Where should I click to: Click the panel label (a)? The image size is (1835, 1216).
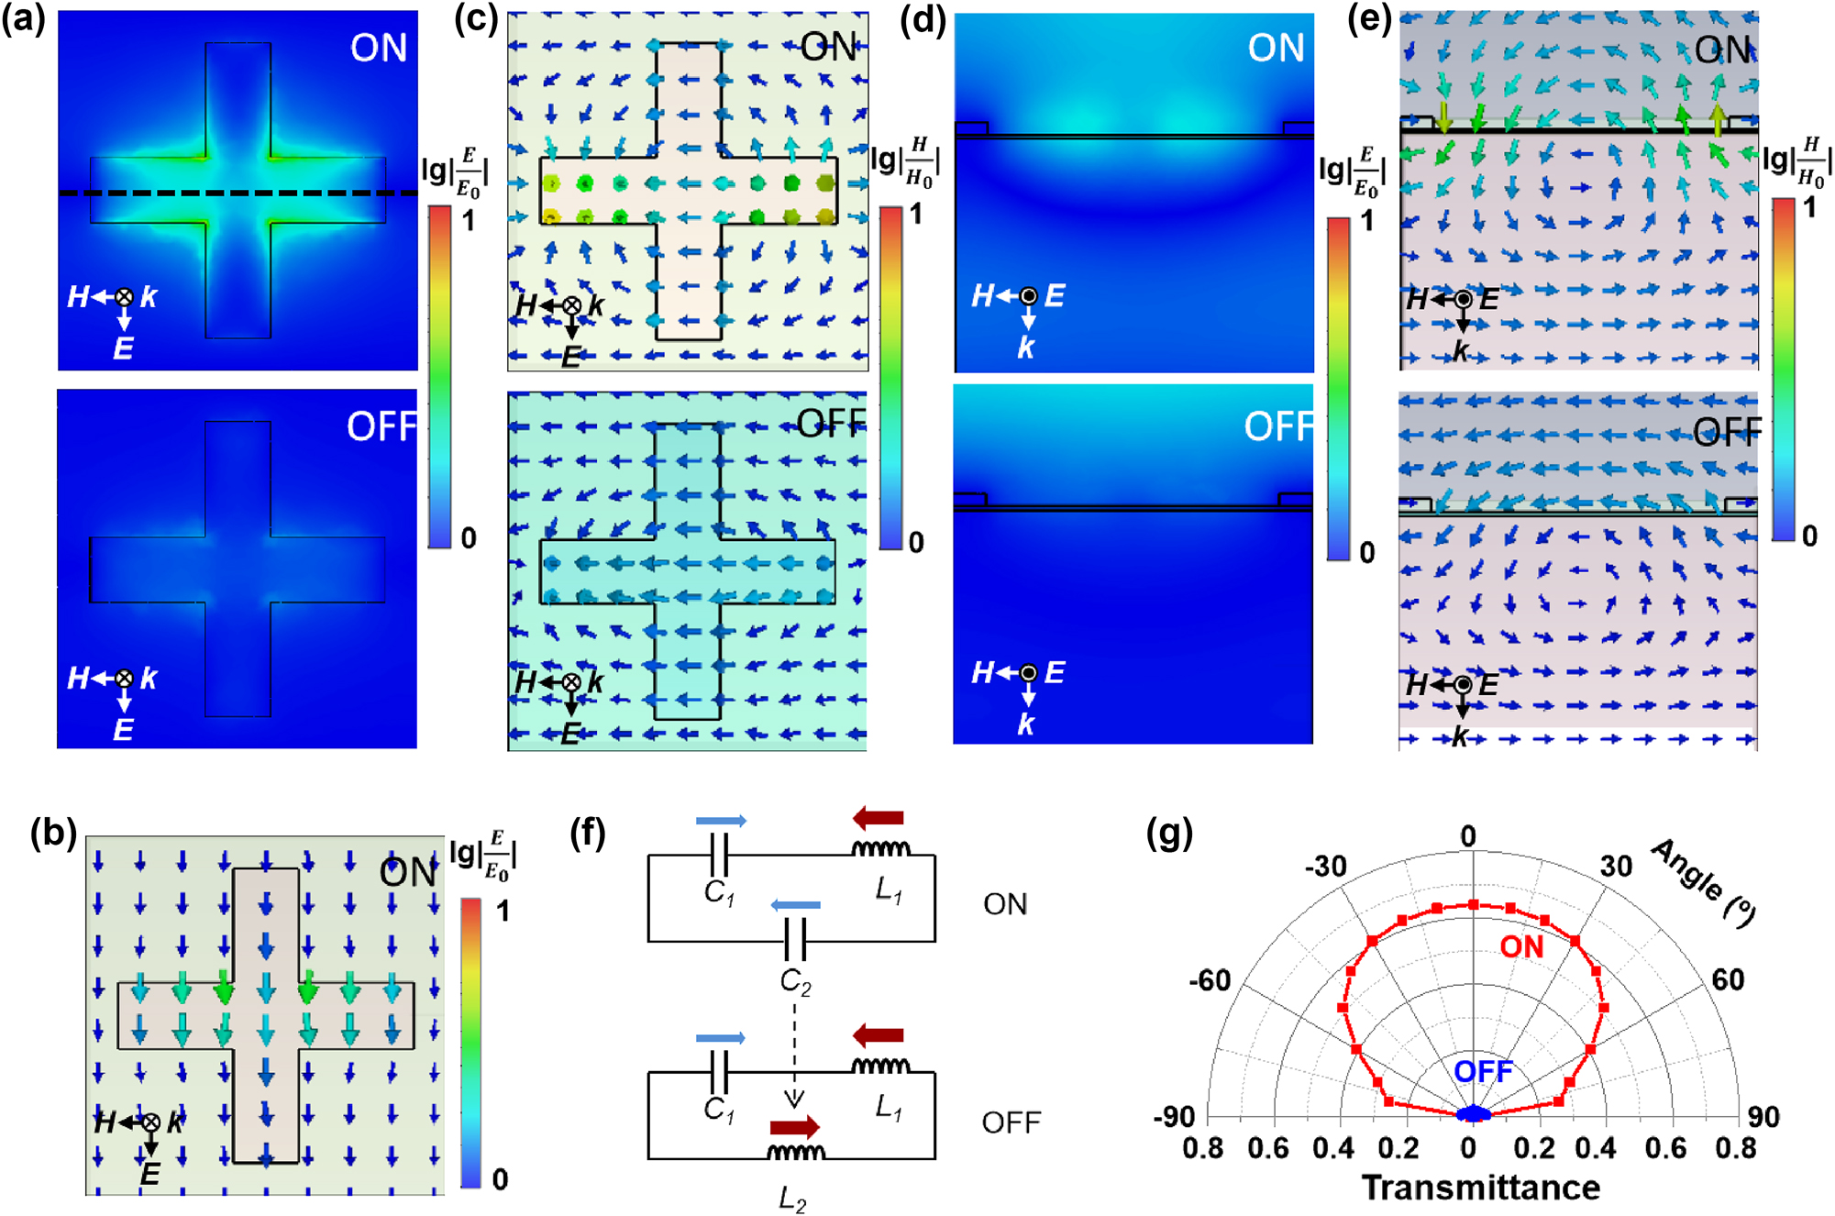pos(23,19)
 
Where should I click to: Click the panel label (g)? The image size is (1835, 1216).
pos(1169,834)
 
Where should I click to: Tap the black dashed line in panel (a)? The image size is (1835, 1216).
pos(238,193)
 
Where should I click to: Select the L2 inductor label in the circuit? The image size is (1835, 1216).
pos(791,1198)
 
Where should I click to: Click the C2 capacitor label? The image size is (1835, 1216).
pos(795,982)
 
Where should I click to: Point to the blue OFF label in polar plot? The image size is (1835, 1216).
pos(1483,1071)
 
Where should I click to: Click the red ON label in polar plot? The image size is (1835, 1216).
pos(1521,946)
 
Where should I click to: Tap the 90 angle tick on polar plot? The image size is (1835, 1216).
pos(1763,1116)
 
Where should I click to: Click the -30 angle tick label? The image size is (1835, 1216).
pos(1326,866)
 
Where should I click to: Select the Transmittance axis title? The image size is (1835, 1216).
pos(1480,1188)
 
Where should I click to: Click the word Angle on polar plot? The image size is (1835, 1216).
pos(1687,868)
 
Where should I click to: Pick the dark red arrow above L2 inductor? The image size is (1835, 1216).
pos(794,1127)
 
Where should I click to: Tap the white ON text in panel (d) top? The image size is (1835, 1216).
pos(1276,48)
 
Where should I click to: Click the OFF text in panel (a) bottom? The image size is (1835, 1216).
pos(381,426)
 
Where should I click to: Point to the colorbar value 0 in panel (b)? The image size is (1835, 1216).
pos(500,1178)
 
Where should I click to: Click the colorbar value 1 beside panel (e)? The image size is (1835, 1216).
pos(1809,208)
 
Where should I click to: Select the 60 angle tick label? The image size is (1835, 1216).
pos(1728,979)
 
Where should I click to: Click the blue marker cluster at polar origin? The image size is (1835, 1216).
pos(1474,1113)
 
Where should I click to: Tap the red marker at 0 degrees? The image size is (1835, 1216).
pos(1474,904)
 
